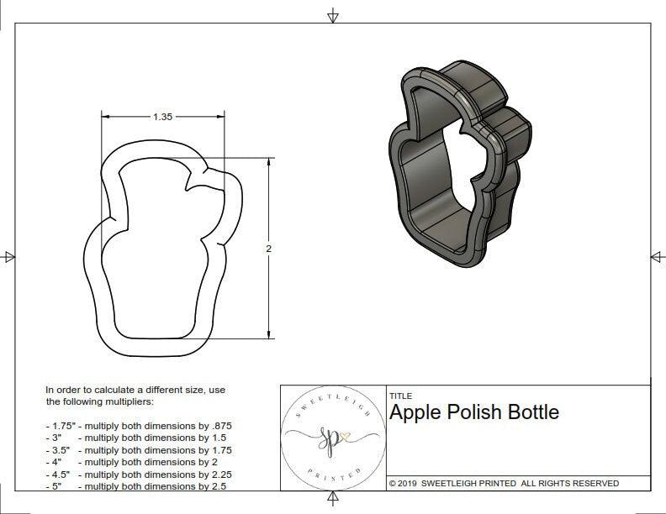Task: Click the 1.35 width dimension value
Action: tap(162, 118)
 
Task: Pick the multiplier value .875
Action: tap(219, 426)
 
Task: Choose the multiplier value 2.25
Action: tap(219, 474)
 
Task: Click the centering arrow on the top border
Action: tap(333, 16)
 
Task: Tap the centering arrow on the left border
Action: tap(9, 256)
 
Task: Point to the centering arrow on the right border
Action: tap(657, 256)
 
